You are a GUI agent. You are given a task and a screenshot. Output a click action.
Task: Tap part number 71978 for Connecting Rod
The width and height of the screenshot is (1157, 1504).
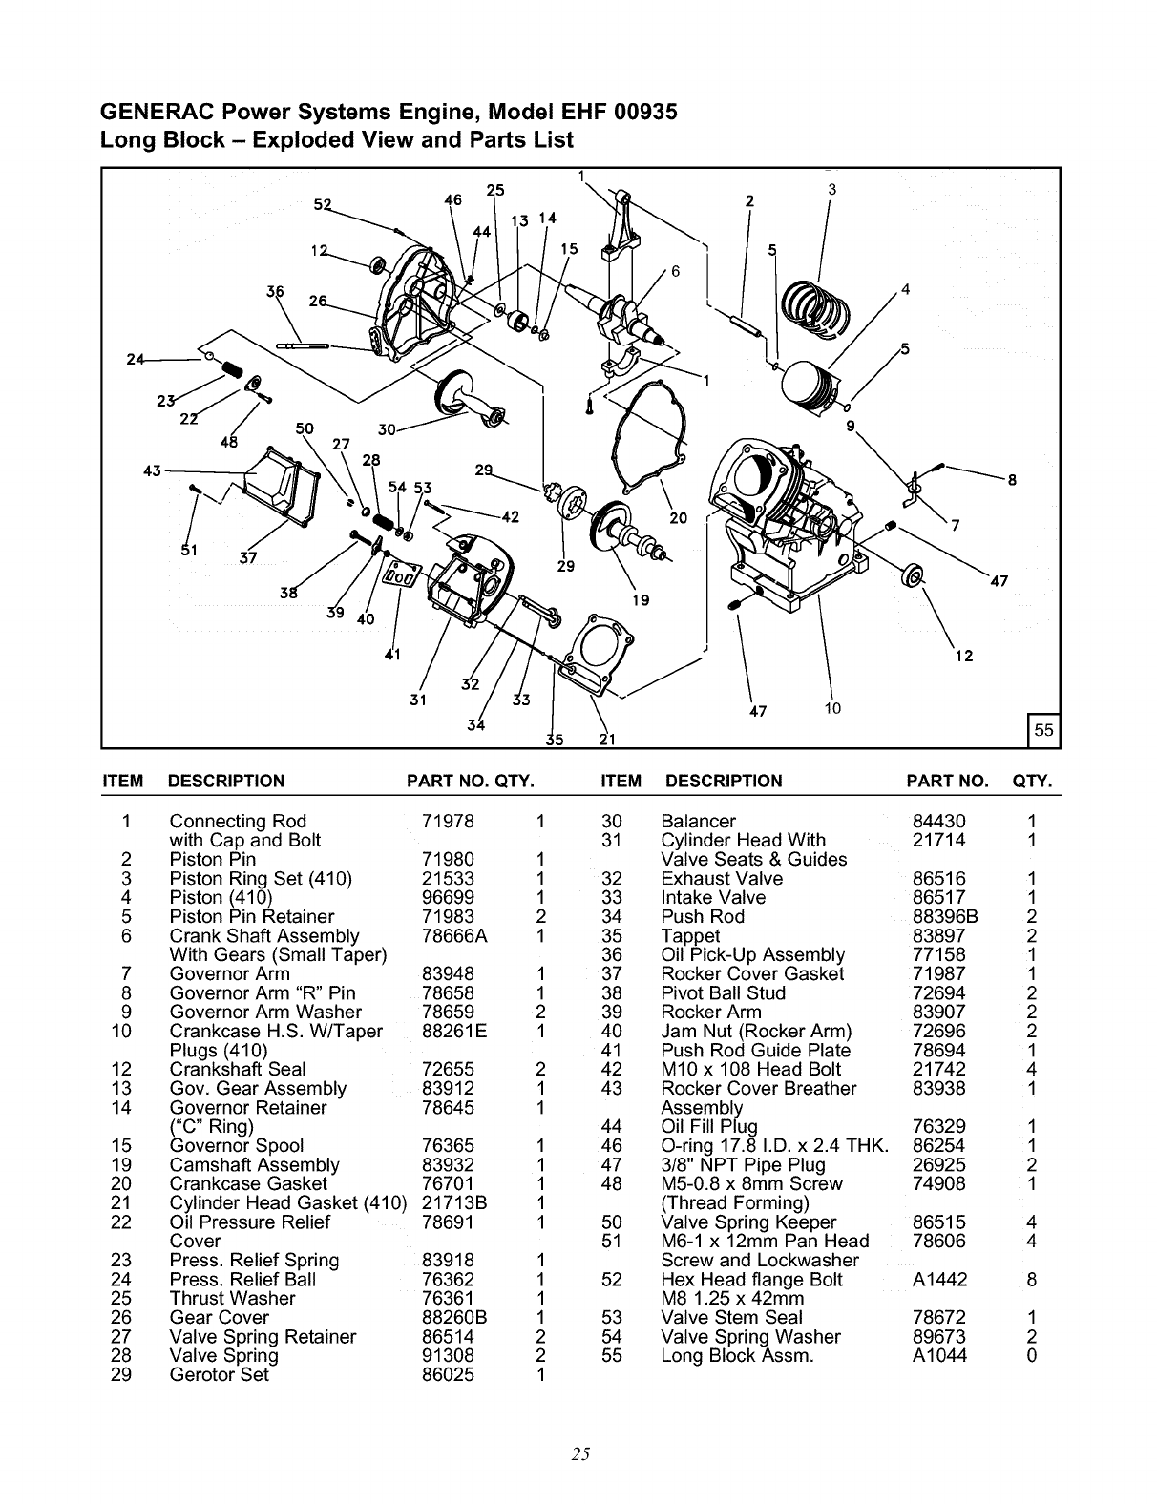(448, 822)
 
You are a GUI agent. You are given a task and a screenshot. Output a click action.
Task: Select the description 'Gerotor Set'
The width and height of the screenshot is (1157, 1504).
(219, 1375)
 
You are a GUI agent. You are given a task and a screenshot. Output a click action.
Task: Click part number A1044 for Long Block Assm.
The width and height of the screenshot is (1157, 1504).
(939, 1356)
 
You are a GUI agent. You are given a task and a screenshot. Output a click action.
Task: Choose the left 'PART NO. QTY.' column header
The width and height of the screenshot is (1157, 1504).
(469, 782)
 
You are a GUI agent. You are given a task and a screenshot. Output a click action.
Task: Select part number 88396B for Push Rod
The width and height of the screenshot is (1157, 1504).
(945, 917)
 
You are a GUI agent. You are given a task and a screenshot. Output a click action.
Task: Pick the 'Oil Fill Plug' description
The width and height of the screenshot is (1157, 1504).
(709, 1127)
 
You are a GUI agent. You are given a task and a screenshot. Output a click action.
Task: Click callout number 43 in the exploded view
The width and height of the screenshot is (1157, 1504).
(151, 470)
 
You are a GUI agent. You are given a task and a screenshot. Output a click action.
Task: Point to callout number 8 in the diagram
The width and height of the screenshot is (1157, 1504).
(1011, 481)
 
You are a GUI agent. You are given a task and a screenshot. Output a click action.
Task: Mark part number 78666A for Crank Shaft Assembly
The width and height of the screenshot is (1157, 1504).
(454, 936)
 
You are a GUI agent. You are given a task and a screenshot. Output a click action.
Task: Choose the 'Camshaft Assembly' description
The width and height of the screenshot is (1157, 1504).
(254, 1165)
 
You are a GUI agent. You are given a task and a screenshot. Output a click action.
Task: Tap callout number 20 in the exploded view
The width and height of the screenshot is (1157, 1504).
(678, 518)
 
